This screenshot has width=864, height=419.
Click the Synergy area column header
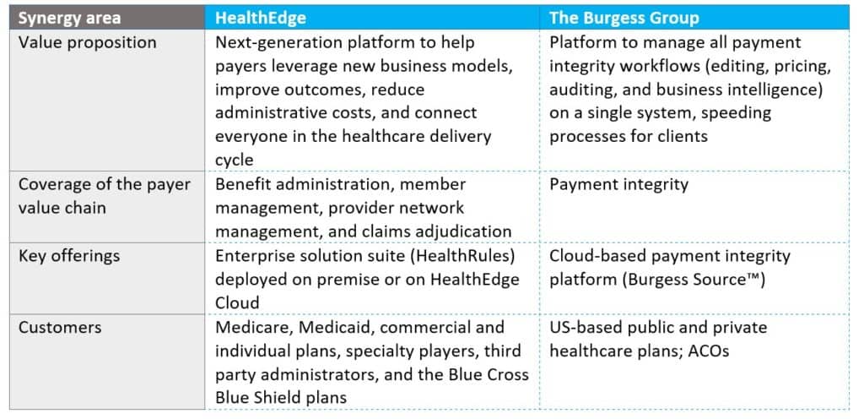69,18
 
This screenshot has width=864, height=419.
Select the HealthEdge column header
260,18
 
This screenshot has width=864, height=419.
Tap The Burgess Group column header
624,18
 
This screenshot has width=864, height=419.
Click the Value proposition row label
88,42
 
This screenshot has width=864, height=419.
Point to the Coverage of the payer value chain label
104,196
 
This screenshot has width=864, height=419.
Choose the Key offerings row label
69,256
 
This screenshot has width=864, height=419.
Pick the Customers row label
60,327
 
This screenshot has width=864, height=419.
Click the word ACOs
709,351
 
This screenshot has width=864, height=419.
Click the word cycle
235,161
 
